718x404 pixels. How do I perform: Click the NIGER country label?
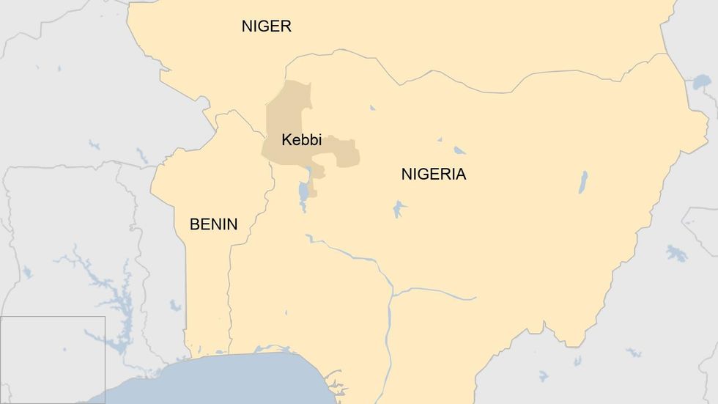(x=266, y=26)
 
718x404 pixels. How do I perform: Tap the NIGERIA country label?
(x=433, y=175)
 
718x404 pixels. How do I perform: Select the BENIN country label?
(x=213, y=224)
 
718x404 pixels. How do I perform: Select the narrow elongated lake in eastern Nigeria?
(x=583, y=182)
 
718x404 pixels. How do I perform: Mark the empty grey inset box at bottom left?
(x=52, y=359)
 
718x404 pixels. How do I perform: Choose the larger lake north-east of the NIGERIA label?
(x=459, y=150)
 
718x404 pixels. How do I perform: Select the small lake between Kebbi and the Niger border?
(x=372, y=108)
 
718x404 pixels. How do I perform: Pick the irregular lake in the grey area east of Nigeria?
(x=677, y=254)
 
